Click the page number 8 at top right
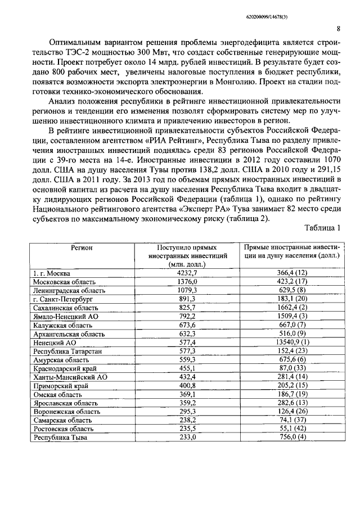tap(337, 29)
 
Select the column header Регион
tap(82, 247)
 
